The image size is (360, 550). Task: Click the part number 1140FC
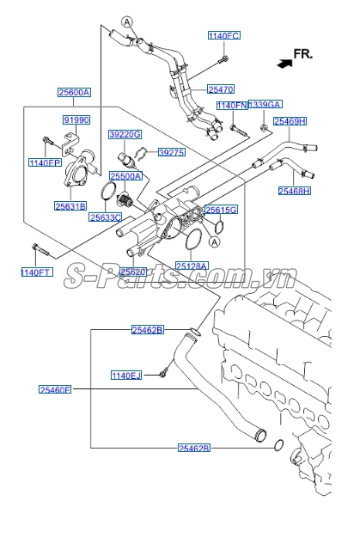pos(223,36)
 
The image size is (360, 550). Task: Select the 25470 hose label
pos(220,88)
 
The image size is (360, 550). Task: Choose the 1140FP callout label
pos(45,162)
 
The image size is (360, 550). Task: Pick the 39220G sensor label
pos(125,135)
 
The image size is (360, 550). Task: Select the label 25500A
pos(127,175)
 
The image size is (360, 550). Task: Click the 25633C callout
pos(107,217)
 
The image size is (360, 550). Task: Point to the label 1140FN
pos(232,106)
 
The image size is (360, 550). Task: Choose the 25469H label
pos(290,121)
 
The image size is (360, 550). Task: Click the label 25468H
pos(295,191)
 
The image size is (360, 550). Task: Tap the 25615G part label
pos(221,210)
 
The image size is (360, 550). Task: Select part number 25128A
pos(191,266)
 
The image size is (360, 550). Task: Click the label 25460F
pos(55,389)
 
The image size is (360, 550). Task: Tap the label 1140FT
pos(36,273)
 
